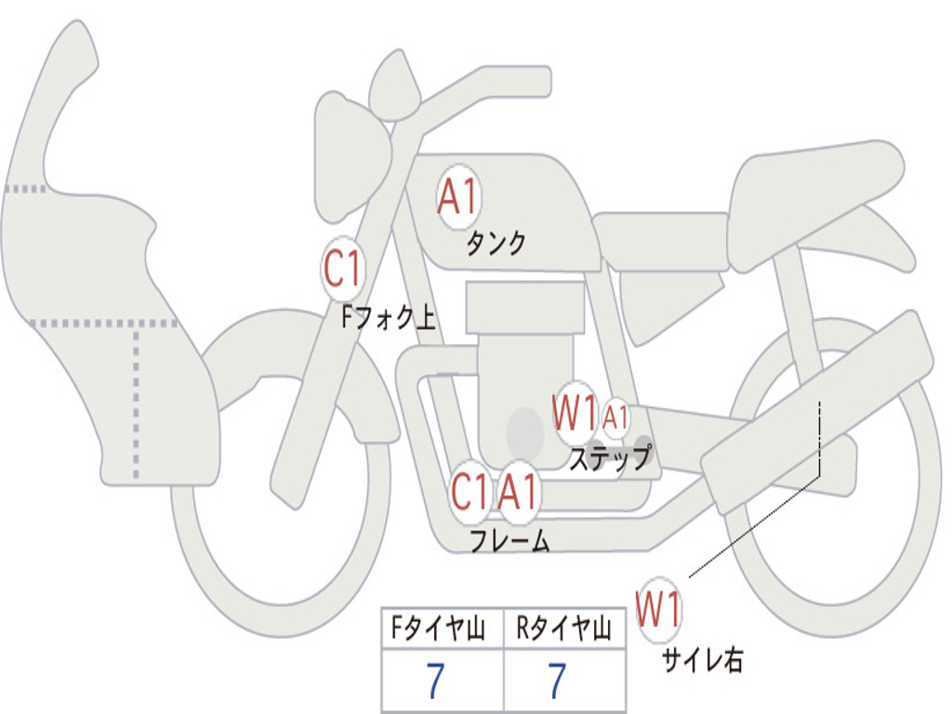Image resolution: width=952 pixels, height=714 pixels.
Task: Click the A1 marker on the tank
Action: pos(458,197)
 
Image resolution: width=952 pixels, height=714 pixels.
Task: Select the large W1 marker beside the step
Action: pos(575,413)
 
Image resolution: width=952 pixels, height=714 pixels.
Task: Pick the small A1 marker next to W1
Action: pos(615,417)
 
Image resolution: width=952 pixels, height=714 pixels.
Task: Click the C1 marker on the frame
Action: pos(469,491)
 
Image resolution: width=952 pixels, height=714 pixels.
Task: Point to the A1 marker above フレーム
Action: pos(518,491)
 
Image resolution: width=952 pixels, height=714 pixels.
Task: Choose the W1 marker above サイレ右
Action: pos(659,609)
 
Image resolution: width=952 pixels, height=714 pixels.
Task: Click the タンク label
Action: pos(496,243)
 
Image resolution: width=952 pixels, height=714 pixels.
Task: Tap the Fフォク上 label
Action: pos(389,317)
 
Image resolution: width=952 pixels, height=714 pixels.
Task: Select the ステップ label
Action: pos(610,458)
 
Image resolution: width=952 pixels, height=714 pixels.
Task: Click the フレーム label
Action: pos(510,540)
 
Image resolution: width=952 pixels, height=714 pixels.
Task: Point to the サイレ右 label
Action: pos(703,660)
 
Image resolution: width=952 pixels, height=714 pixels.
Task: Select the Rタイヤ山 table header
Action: pos(563,628)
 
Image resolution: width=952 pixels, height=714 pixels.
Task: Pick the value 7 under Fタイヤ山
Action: pos(435,681)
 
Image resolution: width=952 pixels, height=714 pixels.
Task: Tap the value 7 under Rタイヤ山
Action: pos(558,681)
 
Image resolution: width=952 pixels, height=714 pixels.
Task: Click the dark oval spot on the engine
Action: pos(525,433)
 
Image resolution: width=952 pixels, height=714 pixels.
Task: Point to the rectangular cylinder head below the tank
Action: pos(525,307)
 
